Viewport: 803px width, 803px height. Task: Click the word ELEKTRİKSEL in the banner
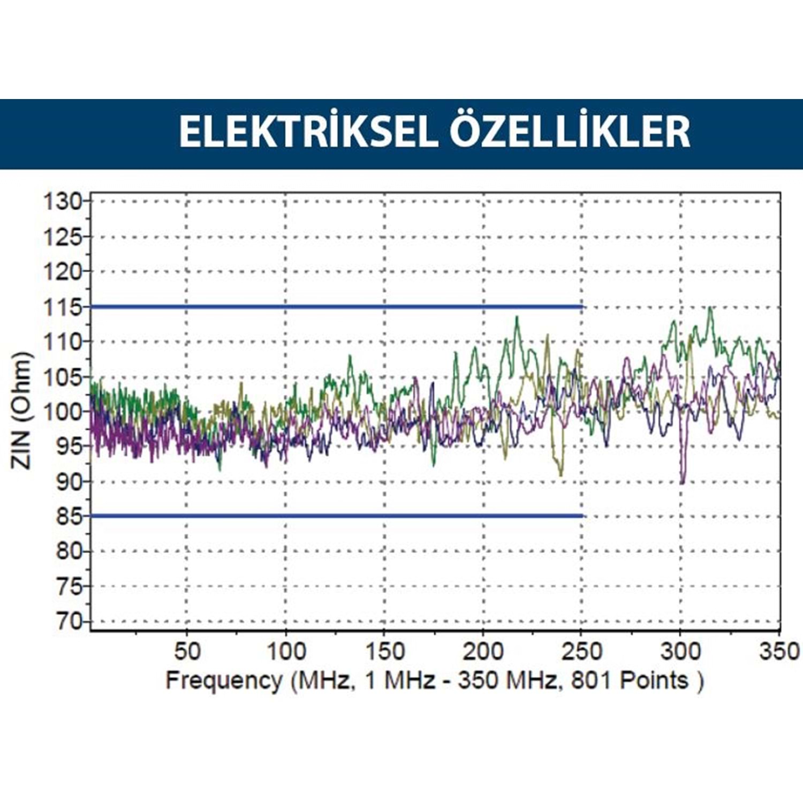point(308,132)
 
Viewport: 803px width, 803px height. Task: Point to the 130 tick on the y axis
point(62,202)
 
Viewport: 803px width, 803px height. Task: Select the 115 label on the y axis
point(62,307)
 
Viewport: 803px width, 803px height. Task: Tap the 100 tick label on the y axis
point(62,412)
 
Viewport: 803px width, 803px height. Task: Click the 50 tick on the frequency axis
point(187,652)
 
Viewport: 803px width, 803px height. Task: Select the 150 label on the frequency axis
point(384,652)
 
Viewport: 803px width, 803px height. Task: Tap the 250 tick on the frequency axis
point(582,652)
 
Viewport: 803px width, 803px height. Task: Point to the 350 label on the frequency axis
point(779,652)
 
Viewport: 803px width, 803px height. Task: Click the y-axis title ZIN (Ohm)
point(21,411)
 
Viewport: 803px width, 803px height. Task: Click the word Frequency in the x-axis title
point(223,680)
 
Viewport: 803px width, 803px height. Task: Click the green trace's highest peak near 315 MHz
point(710,309)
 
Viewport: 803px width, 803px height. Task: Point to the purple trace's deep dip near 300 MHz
point(683,482)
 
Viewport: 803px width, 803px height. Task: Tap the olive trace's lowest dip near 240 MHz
point(560,474)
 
